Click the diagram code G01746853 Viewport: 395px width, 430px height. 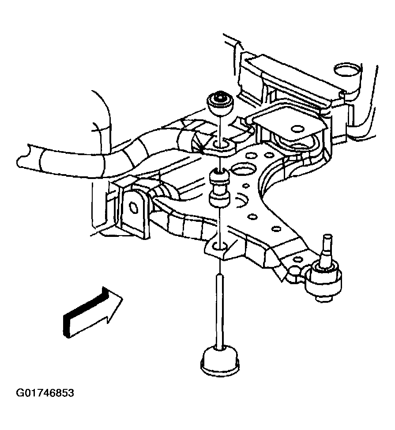(x=45, y=393)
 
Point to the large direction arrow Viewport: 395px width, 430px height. (x=93, y=312)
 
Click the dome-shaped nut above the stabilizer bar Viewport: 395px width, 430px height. (x=219, y=103)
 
